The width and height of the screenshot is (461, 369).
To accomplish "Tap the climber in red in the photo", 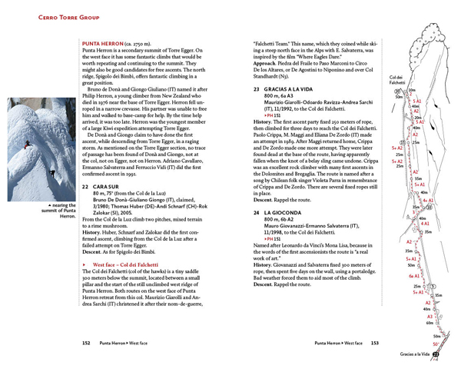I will pos(27,147).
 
